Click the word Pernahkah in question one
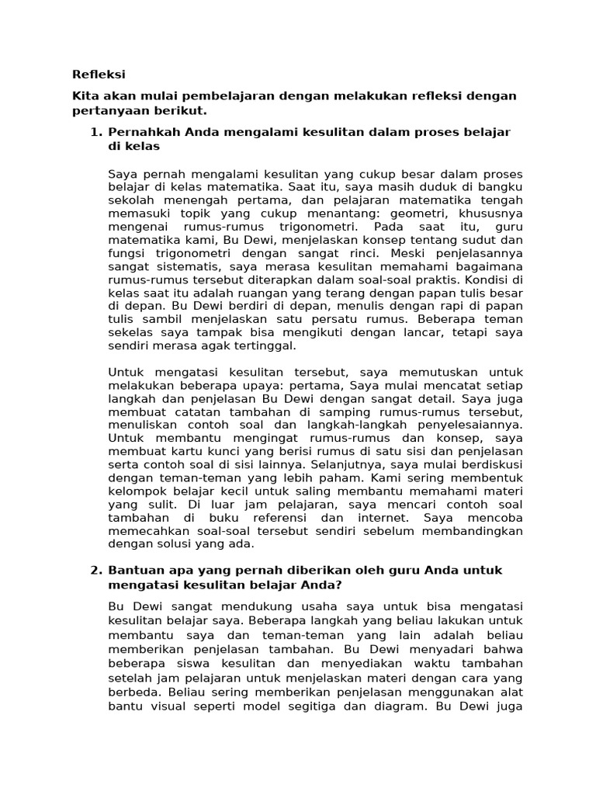142,132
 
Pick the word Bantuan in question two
135,570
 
